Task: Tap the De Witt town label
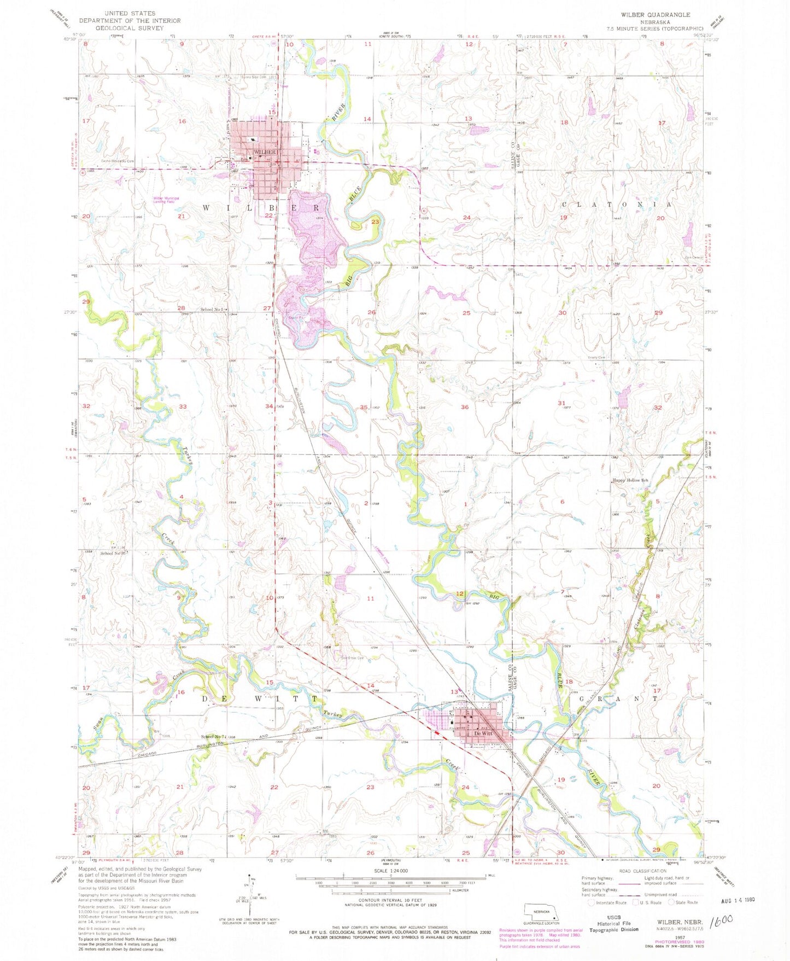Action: point(483,733)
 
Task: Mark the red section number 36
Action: point(465,407)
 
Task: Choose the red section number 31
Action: point(561,403)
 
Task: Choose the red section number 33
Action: point(183,406)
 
